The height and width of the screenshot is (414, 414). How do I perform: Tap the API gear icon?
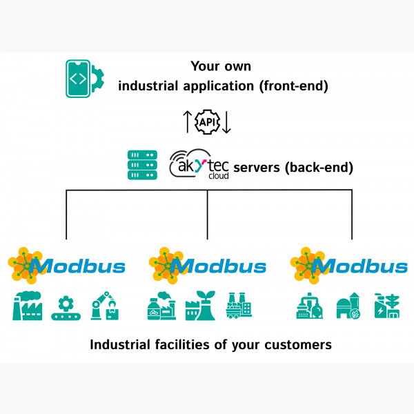[208, 121]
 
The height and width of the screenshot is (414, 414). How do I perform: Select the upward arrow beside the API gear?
[188, 121]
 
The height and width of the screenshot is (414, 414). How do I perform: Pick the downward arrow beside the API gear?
[227, 121]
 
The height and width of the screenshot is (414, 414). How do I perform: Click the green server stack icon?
[142, 165]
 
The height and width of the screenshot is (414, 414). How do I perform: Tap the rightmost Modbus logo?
[349, 266]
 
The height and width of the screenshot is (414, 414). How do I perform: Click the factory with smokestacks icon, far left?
[28, 305]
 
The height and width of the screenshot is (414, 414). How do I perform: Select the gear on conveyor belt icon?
[66, 306]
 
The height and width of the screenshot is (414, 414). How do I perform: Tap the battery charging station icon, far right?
[385, 306]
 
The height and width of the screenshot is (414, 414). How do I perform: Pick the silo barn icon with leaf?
[347, 306]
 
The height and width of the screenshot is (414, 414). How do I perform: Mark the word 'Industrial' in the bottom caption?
[121, 344]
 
